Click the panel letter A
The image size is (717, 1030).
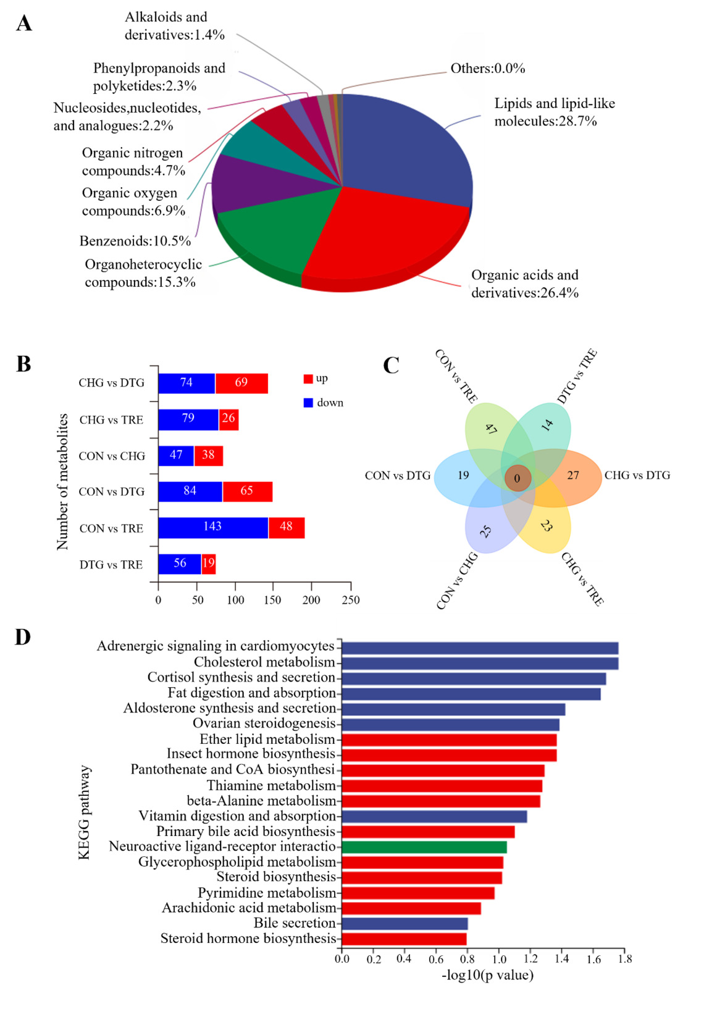click(24, 23)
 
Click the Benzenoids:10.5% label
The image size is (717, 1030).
click(135, 241)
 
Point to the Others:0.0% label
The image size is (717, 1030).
click(487, 68)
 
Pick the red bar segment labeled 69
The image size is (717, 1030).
click(241, 383)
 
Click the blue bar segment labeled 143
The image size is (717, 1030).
click(213, 527)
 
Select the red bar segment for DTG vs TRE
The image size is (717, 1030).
click(209, 564)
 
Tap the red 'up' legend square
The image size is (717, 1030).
click(308, 379)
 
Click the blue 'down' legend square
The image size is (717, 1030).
click(308, 403)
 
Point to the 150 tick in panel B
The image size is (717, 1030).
click(272, 600)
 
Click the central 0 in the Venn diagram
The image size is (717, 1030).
click(517, 478)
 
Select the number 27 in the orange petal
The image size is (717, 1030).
click(573, 475)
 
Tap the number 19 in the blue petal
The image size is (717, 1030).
click(463, 475)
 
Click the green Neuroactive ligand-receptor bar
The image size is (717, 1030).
click(424, 847)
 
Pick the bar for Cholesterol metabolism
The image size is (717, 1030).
click(479, 663)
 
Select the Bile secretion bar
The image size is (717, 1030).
click(405, 924)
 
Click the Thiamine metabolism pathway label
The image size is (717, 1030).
click(271, 785)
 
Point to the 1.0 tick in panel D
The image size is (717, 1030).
click(499, 959)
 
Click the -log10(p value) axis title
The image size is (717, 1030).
click(487, 975)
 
